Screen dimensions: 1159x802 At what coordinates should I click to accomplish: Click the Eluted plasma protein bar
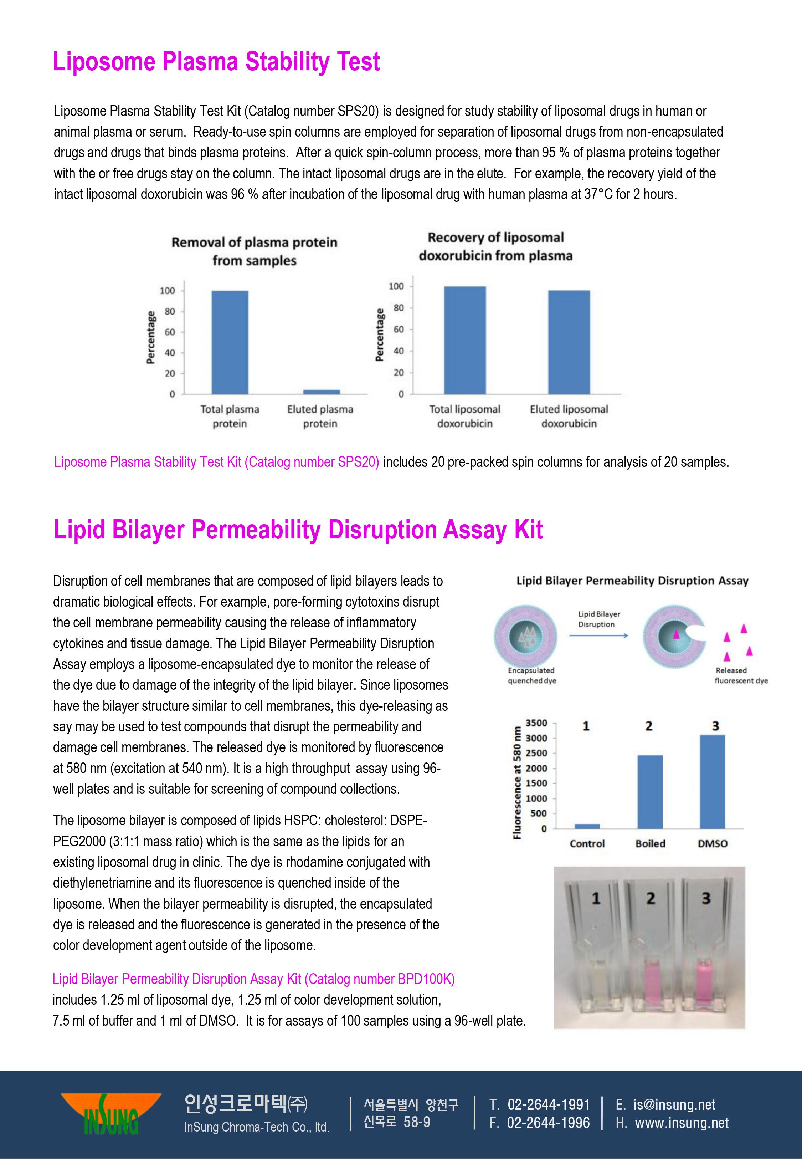[321, 392]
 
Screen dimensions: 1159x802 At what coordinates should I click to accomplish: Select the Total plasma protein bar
[230, 342]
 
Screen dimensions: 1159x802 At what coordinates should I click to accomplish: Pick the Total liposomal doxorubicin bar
[465, 340]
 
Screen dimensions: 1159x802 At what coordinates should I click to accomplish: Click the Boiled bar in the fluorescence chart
[650, 792]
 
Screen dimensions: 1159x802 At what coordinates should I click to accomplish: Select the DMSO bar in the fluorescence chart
[712, 782]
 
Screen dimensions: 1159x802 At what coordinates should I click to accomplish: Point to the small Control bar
[587, 826]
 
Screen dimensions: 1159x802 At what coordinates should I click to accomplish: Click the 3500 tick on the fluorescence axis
[536, 723]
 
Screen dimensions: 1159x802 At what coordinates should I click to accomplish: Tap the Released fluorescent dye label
[741, 675]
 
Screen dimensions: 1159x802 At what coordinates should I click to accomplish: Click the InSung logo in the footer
[111, 1113]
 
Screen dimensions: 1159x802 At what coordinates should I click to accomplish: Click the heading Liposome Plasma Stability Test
[216, 62]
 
